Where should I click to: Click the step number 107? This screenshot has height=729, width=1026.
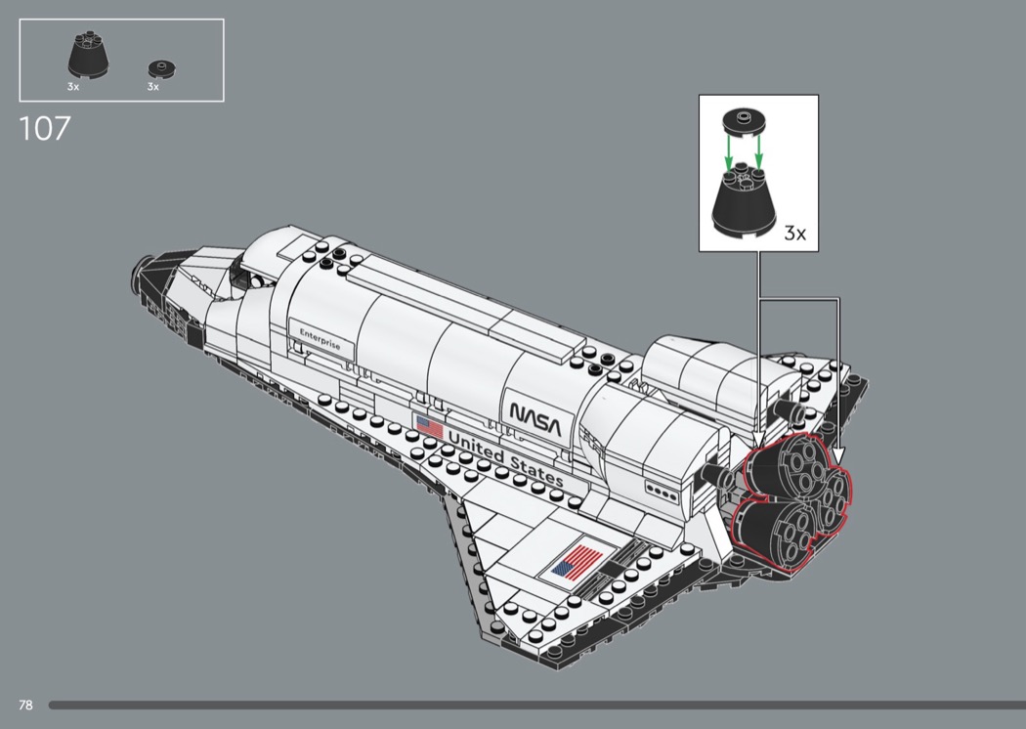45,128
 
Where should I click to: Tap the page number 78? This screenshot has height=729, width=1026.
25,705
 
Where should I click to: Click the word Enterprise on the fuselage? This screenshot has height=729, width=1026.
320,339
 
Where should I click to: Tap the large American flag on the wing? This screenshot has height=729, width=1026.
577,561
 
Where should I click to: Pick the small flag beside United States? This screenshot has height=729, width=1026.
429,427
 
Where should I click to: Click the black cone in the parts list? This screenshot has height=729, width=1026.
88,57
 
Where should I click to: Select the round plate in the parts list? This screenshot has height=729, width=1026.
162,67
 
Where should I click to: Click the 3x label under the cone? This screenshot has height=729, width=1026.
72,86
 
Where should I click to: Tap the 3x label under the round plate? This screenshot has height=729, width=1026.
153,86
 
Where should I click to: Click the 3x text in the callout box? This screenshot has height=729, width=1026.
795,233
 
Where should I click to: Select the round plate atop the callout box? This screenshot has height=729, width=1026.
743,122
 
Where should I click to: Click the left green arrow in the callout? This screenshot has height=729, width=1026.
728,151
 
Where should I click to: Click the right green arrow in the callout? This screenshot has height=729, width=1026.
758,151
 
